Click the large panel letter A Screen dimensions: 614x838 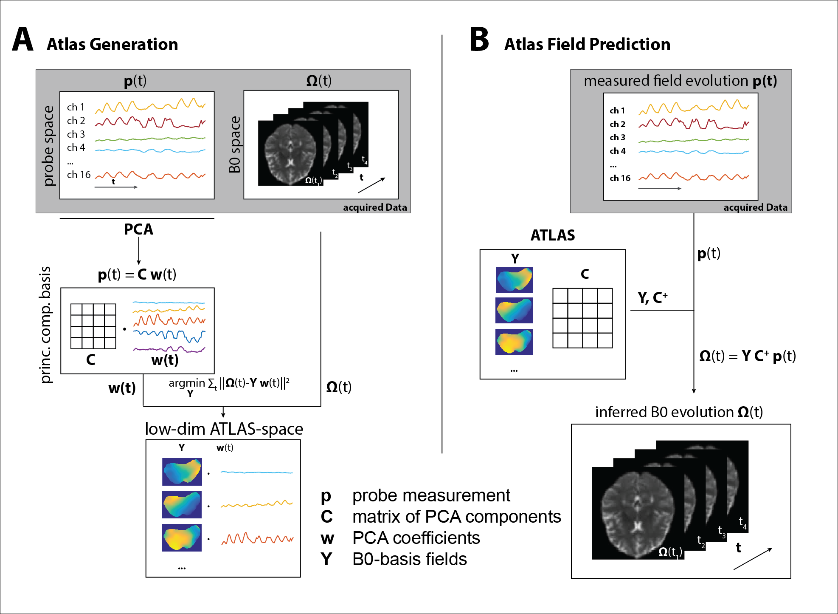click(23, 39)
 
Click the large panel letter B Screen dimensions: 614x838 click(480, 39)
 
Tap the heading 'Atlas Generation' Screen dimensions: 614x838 click(112, 44)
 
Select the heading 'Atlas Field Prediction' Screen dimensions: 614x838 click(587, 44)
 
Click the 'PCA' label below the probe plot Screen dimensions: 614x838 click(138, 229)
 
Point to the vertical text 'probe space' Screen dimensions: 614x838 click(49, 146)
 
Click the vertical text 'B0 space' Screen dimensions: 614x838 click(234, 144)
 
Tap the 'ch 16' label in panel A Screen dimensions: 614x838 click(79, 175)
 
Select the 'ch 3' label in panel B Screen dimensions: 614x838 click(617, 137)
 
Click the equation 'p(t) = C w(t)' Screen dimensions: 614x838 click(137, 274)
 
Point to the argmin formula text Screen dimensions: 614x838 click(229, 384)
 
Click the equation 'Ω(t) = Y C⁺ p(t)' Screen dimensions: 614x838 click(747, 356)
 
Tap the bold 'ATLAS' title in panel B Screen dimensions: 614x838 click(553, 235)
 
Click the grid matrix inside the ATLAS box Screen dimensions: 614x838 click(582, 318)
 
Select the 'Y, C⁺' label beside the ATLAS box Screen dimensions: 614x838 click(652, 297)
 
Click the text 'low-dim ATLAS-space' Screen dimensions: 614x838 click(224, 429)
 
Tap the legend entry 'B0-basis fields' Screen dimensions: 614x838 click(409, 559)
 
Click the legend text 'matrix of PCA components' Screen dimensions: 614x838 click(456, 517)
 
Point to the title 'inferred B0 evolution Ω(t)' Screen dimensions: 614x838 click(679, 412)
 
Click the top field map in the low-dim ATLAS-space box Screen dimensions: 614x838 click(182, 472)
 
